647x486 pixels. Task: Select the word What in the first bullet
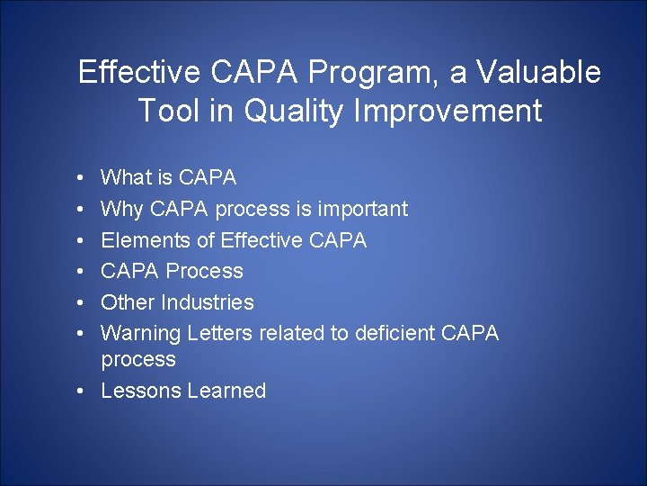tap(125, 178)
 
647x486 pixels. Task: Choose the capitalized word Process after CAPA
tap(206, 271)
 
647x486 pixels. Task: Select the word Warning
tap(141, 333)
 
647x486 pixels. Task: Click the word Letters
tap(220, 333)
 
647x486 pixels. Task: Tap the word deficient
tap(394, 333)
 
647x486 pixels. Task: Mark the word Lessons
tap(139, 391)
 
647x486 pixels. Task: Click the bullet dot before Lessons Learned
tap(82, 391)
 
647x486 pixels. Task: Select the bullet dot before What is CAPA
tap(82, 178)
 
